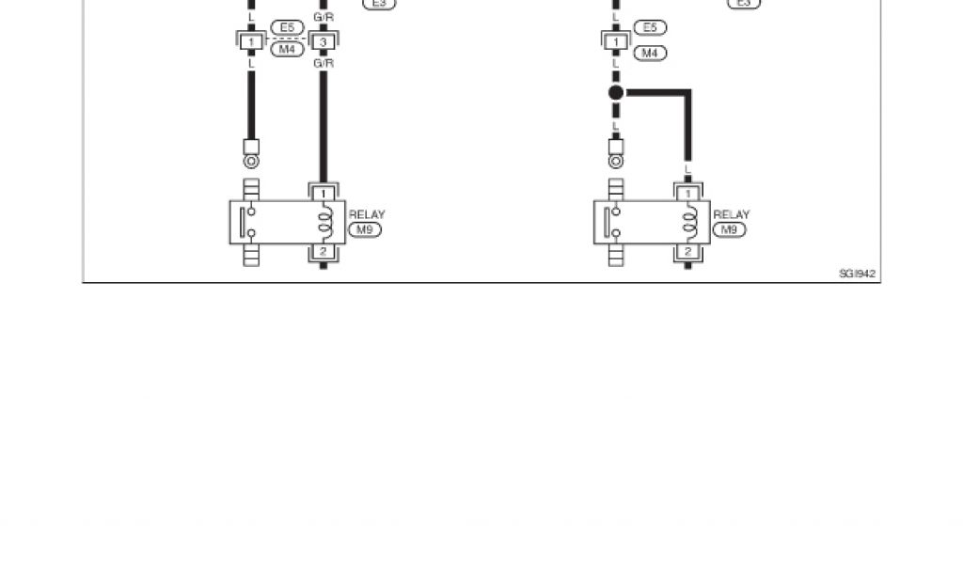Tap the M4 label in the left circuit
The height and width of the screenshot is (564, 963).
(287, 48)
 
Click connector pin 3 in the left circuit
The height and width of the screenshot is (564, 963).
(324, 42)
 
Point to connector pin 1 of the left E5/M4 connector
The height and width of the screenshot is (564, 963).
(251, 42)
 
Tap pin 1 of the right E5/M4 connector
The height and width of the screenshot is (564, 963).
(616, 42)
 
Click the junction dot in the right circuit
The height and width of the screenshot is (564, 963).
(616, 92)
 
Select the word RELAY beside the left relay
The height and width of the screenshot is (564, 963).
(367, 215)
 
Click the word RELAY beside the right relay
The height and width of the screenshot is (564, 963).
(732, 215)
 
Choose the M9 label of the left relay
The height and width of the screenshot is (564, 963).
(362, 229)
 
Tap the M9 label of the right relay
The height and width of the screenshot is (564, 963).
(727, 229)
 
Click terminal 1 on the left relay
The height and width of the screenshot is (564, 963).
(324, 193)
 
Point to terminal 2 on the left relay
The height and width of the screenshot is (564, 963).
(324, 252)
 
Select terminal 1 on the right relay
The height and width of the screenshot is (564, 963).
(688, 193)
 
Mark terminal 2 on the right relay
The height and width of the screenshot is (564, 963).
(688, 252)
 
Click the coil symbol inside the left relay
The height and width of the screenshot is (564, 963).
(325, 223)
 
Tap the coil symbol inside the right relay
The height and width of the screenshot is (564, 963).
(690, 223)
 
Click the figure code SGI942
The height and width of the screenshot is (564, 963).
(858, 274)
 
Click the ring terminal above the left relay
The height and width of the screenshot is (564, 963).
(251, 162)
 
